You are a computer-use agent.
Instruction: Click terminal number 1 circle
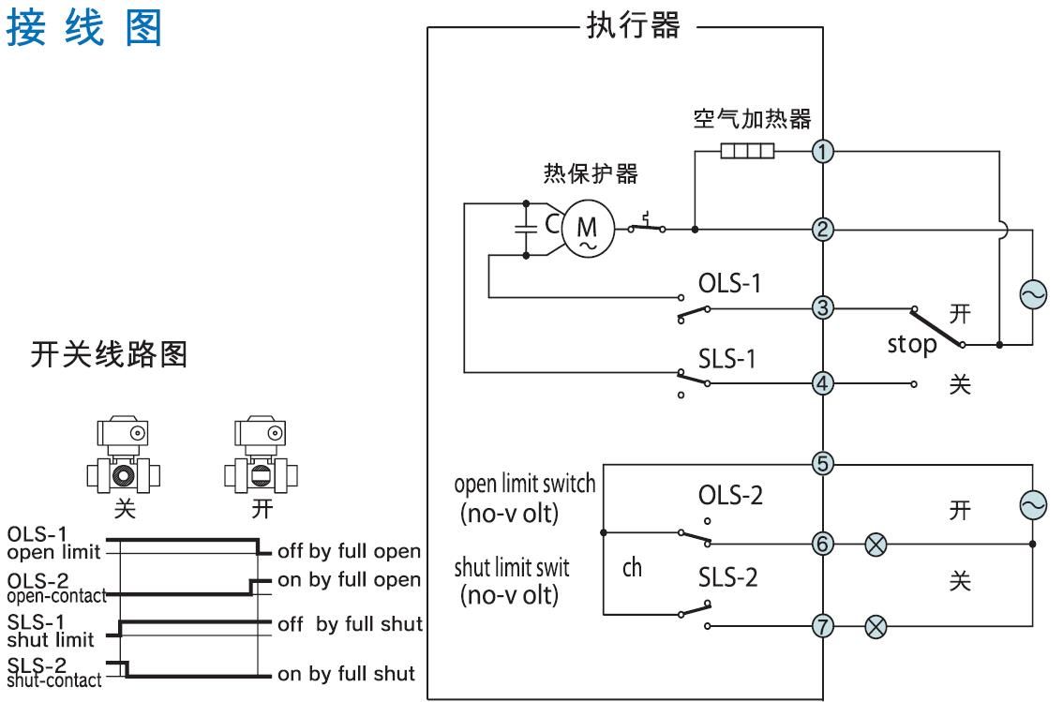(822, 152)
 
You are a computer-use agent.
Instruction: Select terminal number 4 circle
(822, 383)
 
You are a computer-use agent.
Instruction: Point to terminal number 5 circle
(822, 462)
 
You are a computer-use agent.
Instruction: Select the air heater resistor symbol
(747, 152)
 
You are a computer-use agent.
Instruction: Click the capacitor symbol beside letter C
(527, 228)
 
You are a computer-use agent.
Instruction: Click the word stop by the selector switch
(913, 344)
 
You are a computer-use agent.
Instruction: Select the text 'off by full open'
(350, 549)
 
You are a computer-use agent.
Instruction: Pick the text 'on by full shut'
(346, 673)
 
